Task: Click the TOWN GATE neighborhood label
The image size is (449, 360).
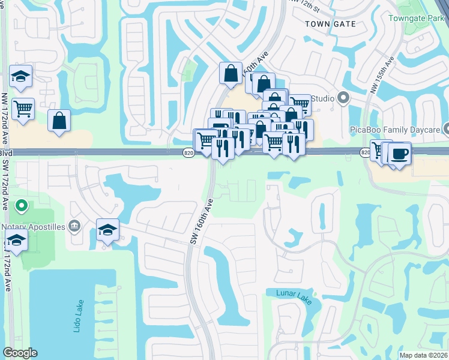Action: (330, 24)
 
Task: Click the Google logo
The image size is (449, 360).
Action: (20, 353)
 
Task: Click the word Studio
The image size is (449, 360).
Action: (323, 97)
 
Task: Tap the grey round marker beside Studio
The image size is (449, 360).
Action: (343, 98)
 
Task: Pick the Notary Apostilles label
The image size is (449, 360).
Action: (34, 226)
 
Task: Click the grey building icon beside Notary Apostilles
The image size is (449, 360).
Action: (74, 226)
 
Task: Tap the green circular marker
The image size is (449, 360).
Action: (22, 207)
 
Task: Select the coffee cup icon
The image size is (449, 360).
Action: (399, 154)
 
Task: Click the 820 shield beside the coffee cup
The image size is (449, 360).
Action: (366, 153)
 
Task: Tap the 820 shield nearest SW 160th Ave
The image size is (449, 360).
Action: (188, 153)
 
